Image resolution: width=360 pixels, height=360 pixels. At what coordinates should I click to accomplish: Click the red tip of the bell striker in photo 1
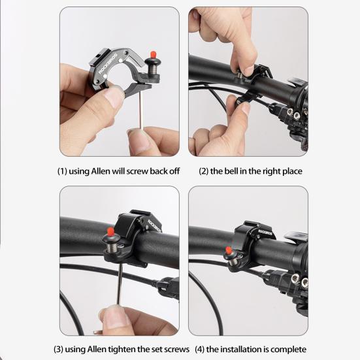pos(155,54)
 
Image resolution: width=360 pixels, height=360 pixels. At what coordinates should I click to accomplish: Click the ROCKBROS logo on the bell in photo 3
pos(144,227)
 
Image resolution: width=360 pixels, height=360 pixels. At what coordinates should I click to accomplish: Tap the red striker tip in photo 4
pos(228,250)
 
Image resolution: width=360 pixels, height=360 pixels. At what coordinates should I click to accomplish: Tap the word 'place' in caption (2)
pos(290,171)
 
